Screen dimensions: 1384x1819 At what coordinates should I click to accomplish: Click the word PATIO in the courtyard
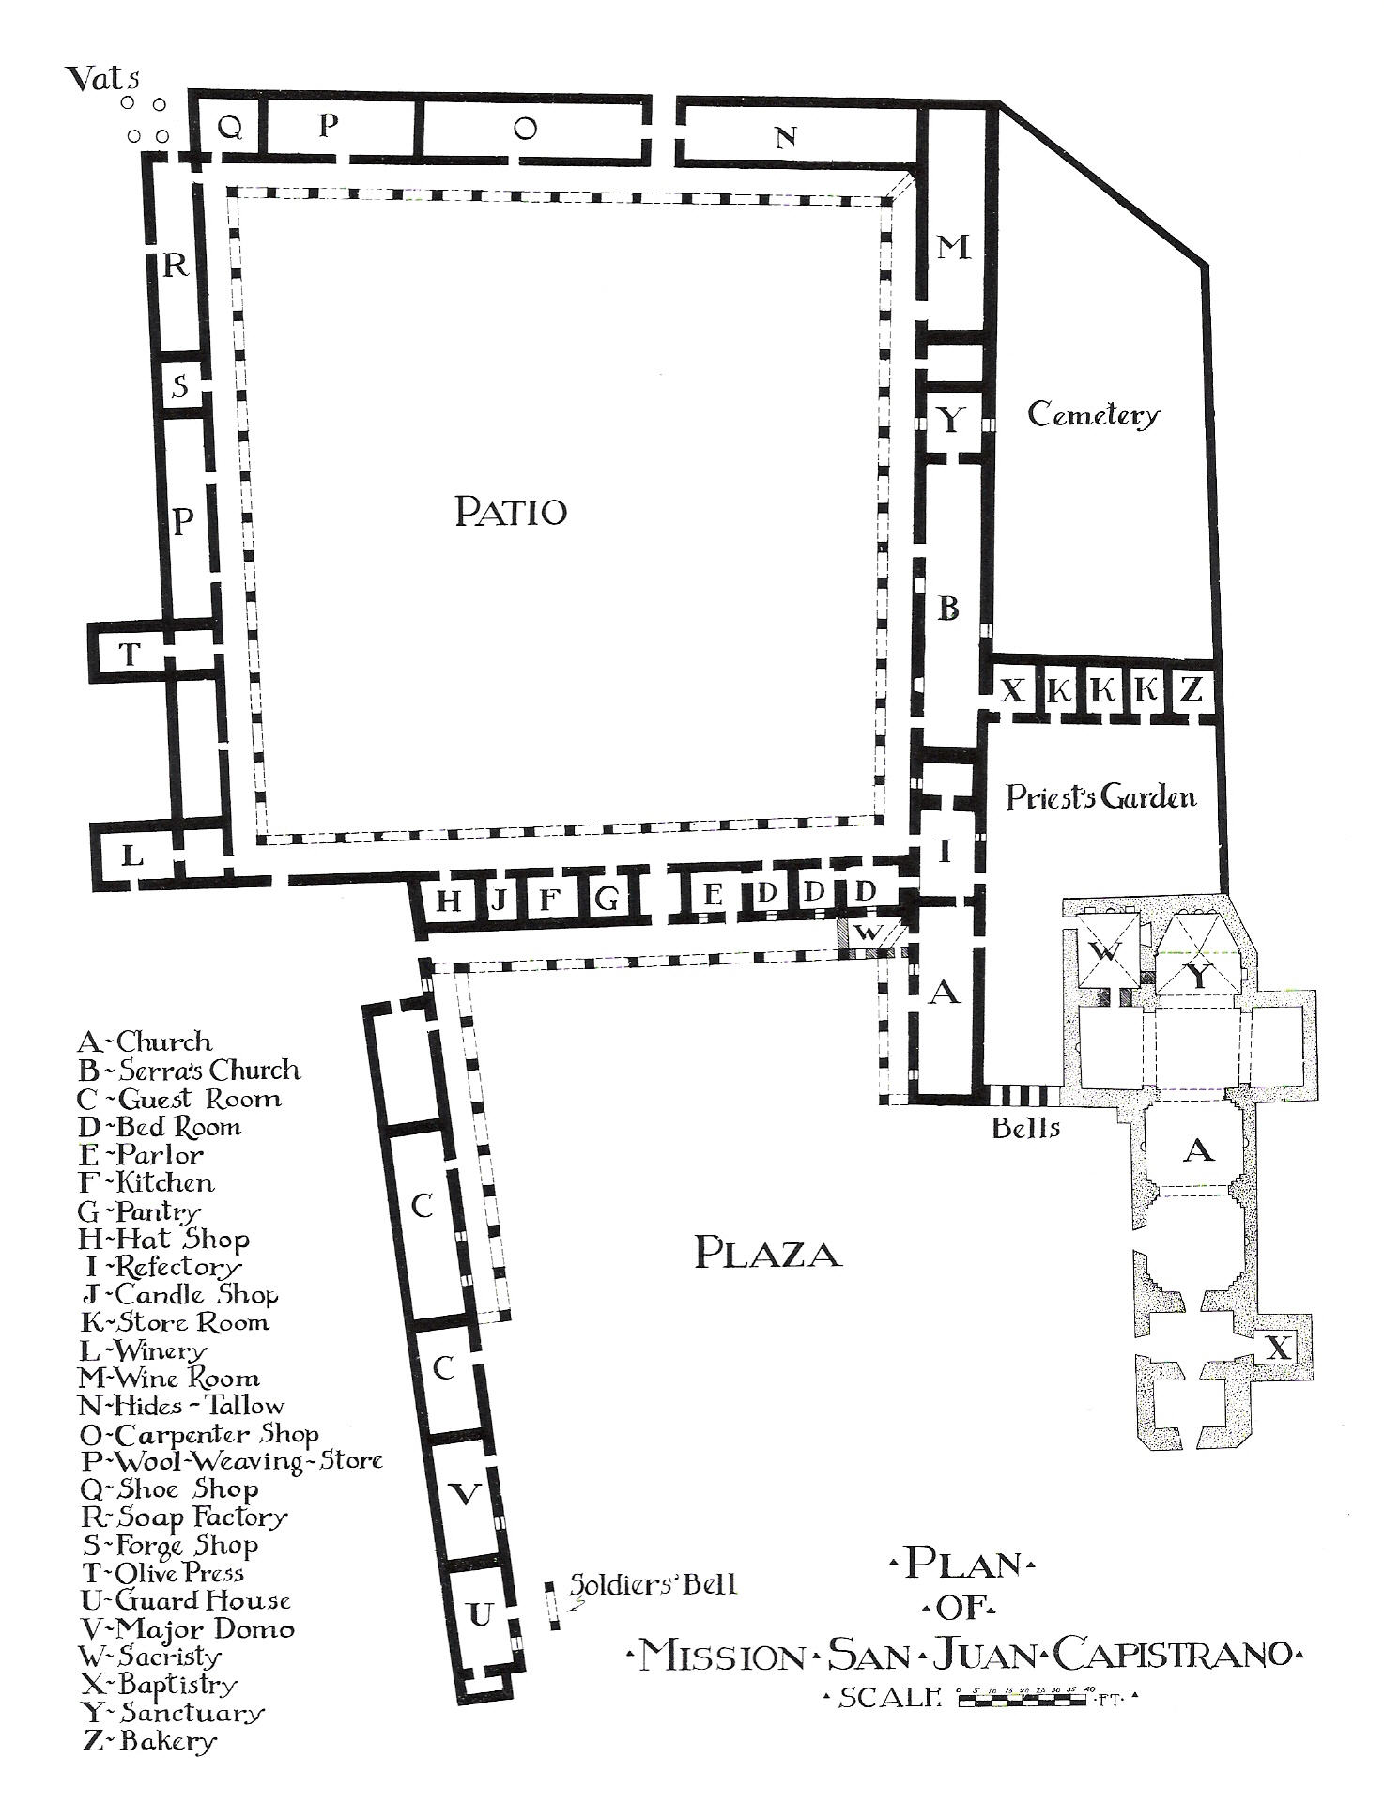pos(511,512)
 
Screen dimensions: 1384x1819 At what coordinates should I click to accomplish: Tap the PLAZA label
pos(767,1254)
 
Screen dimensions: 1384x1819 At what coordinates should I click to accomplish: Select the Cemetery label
pos(1093,414)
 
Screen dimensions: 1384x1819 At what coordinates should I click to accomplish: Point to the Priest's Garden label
pos(1101,797)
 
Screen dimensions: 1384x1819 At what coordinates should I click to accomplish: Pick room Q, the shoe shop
pos(230,127)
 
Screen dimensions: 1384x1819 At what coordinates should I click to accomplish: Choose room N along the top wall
pos(787,137)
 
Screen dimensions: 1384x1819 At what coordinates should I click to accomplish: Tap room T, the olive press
pos(131,654)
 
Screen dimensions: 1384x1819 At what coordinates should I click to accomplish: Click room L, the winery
pos(133,856)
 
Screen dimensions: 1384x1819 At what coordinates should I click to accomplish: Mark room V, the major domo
pos(465,1494)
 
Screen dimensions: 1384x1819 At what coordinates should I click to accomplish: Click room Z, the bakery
pos(1192,691)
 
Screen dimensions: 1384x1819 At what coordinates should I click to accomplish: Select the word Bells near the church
pos(1026,1128)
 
